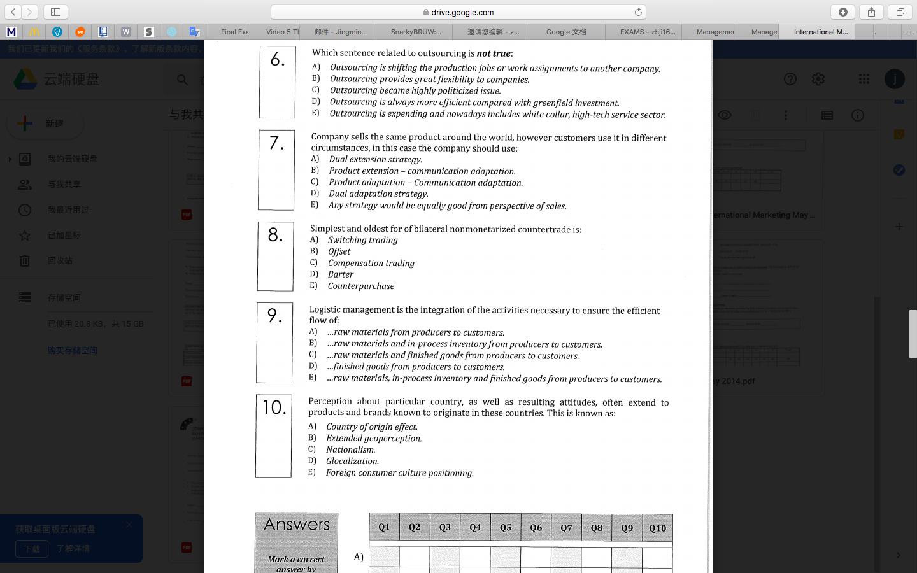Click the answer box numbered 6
click(277, 82)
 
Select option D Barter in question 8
click(340, 274)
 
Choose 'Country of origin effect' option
click(371, 427)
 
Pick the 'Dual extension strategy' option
click(375, 159)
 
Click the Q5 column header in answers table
click(506, 527)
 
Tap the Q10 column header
click(657, 528)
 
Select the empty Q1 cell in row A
click(384, 556)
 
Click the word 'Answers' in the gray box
click(297, 525)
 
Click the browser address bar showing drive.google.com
click(458, 12)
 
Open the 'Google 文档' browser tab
click(566, 32)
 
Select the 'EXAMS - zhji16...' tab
click(647, 32)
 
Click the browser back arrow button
click(13, 12)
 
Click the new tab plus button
click(909, 32)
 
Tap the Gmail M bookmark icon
click(11, 32)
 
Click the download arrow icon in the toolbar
click(842, 12)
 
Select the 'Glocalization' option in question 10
click(352, 461)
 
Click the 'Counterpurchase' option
click(360, 286)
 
